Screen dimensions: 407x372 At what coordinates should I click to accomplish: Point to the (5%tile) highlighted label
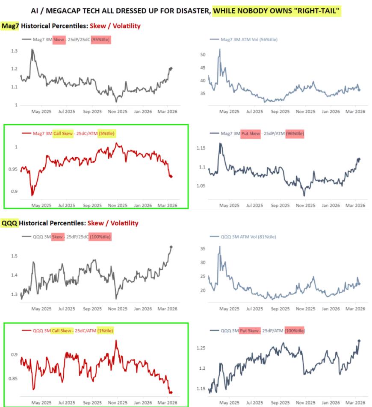coord(107,133)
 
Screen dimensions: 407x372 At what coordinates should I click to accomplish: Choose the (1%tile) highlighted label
coord(106,330)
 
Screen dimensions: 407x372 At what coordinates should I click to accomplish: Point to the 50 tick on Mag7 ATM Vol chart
coord(203,55)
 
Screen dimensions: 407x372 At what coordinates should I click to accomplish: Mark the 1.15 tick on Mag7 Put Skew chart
coord(201,148)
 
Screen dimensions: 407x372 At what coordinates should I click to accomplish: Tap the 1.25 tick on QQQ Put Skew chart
coord(201,348)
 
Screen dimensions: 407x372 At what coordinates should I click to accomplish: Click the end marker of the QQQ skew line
coord(171,247)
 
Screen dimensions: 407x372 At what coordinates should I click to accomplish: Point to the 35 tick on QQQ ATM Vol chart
coord(203,248)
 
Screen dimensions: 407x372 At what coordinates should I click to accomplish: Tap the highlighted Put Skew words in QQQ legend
coord(249,330)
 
